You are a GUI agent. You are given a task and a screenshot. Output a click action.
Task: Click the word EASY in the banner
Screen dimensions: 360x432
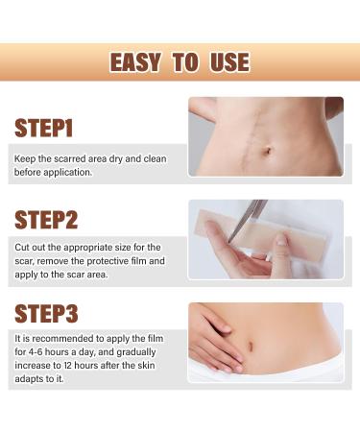pyautogui.click(x=135, y=62)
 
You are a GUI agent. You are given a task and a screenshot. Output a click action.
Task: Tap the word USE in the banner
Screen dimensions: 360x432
pyautogui.click(x=229, y=62)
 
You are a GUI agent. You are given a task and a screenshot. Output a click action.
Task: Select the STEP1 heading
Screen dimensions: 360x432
pyautogui.click(x=44, y=128)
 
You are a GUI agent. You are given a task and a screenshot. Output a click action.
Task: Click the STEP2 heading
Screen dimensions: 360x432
pyautogui.click(x=46, y=220)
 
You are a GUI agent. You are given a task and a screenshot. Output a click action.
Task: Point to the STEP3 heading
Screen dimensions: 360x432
pyautogui.click(x=46, y=313)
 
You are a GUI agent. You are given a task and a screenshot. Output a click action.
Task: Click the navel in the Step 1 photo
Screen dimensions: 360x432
pyautogui.click(x=267, y=150)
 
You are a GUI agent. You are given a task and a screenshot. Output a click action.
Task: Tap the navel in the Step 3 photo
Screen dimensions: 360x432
pyautogui.click(x=251, y=346)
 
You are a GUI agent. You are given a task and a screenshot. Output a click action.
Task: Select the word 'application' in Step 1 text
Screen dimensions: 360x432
pyautogui.click(x=67, y=173)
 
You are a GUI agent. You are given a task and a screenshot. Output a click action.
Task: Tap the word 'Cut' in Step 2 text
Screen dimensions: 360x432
pyautogui.click(x=22, y=248)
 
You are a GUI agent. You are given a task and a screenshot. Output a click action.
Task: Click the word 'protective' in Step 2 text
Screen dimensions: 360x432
pyautogui.click(x=108, y=261)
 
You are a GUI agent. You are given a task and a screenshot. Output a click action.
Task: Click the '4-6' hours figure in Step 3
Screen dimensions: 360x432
pyautogui.click(x=36, y=352)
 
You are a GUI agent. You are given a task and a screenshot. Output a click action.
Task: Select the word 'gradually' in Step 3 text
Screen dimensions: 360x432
pyautogui.click(x=136, y=352)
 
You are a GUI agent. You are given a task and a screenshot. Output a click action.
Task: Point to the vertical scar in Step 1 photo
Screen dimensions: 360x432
pyautogui.click(x=256, y=137)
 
